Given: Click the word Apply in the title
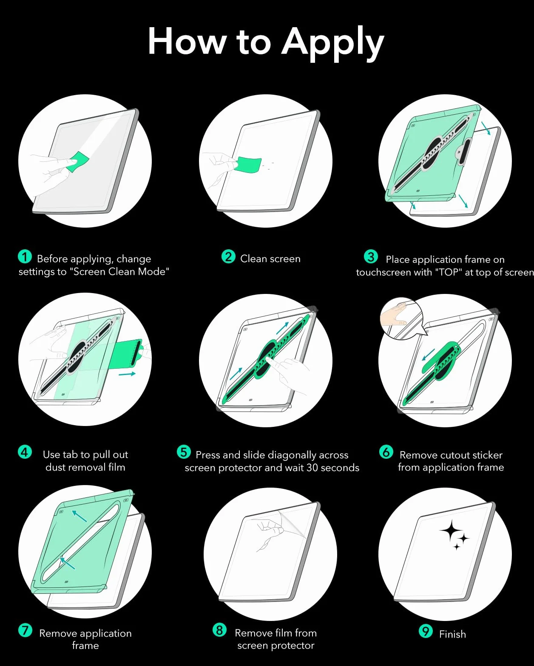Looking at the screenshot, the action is pos(332,44).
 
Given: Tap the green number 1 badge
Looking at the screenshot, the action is pos(25,257).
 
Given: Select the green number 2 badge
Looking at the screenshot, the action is pos(228,257).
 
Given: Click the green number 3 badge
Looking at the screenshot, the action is pos(370,257).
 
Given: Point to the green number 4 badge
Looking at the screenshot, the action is pos(25,452).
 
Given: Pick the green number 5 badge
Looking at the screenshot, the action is pos(183,452).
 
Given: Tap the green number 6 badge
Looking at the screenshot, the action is pos(386,452).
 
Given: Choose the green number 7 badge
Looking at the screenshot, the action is pos(25,630).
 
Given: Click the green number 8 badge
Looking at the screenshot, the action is pos(219,630).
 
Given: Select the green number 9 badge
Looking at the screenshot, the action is pos(426,631).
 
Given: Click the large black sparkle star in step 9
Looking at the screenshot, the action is pos(451,531).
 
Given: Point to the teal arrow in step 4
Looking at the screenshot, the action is pos(127,374).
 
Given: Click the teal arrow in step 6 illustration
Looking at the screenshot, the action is pos(429,355).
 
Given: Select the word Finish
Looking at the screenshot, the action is pos(452,634).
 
